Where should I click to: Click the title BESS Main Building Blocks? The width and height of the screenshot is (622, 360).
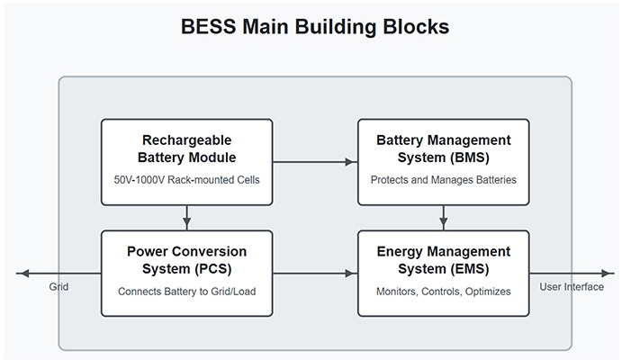[x=311, y=26]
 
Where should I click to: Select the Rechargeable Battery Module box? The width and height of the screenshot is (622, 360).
[x=186, y=162]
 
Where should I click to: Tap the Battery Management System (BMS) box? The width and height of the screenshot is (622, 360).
[x=443, y=162]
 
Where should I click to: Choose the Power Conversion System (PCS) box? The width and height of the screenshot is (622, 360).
[x=186, y=273]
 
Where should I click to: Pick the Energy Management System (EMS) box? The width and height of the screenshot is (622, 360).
[x=443, y=273]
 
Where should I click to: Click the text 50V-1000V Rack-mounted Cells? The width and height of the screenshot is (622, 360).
[x=186, y=180]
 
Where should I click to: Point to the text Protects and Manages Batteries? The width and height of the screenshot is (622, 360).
[x=443, y=180]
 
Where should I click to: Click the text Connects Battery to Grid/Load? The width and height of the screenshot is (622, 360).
[x=186, y=292]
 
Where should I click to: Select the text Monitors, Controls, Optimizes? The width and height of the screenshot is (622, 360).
[x=443, y=292]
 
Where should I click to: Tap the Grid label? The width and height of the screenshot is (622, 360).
[x=59, y=287]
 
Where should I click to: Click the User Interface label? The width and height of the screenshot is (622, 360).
[x=572, y=287]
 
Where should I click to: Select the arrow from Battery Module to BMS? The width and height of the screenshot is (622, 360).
[x=315, y=162]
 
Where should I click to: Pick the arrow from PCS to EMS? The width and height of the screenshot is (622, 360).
[x=315, y=273]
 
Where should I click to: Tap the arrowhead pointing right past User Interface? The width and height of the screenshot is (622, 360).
[x=608, y=273]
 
